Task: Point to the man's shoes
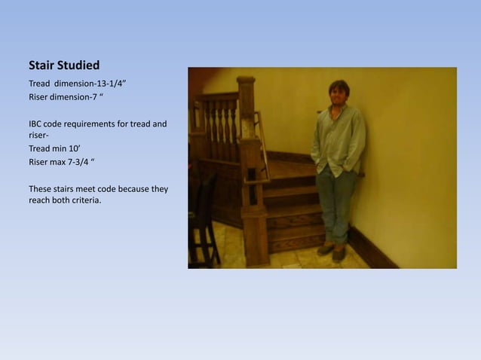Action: coord(332,251)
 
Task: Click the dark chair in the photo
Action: coord(204,218)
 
